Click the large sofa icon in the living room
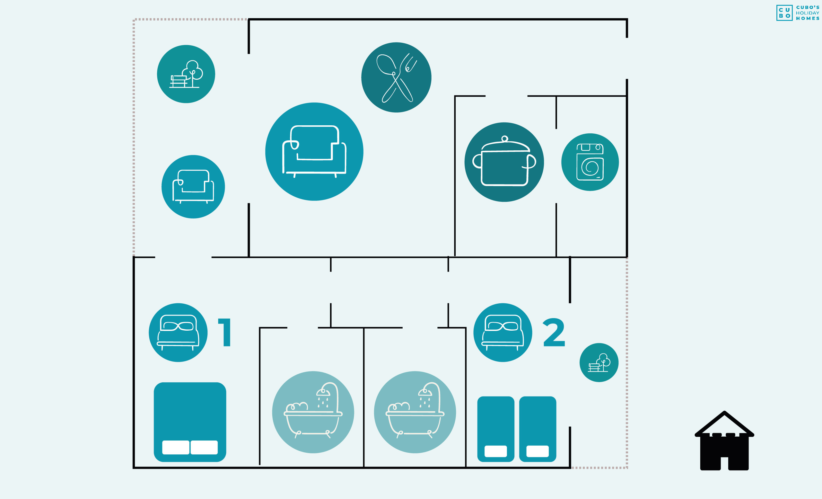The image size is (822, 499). pyautogui.click(x=314, y=152)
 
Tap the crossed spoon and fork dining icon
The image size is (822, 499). pyautogui.click(x=396, y=77)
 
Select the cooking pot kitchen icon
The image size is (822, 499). pyautogui.click(x=504, y=162)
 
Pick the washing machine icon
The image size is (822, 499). pyautogui.click(x=590, y=162)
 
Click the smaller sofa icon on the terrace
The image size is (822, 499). pyautogui.click(x=193, y=187)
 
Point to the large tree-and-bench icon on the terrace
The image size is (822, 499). pyautogui.click(x=186, y=74)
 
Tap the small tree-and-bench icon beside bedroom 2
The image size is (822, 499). pyautogui.click(x=599, y=362)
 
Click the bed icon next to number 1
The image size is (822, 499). pyautogui.click(x=178, y=333)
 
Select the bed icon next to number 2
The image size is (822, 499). pyautogui.click(x=503, y=333)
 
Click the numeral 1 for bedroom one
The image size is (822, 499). pyautogui.click(x=225, y=332)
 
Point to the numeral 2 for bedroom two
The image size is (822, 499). pyautogui.click(x=554, y=332)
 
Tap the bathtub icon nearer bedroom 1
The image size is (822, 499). pyautogui.click(x=313, y=412)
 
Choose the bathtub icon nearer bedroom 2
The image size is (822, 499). pyautogui.click(x=415, y=412)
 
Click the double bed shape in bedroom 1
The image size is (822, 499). pyautogui.click(x=190, y=422)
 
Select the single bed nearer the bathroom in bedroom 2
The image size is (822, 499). pyautogui.click(x=496, y=429)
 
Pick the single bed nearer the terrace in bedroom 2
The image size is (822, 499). pyautogui.click(x=538, y=429)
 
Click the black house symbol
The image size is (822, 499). pyautogui.click(x=724, y=441)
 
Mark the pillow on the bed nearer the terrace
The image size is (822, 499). pyautogui.click(x=538, y=451)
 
